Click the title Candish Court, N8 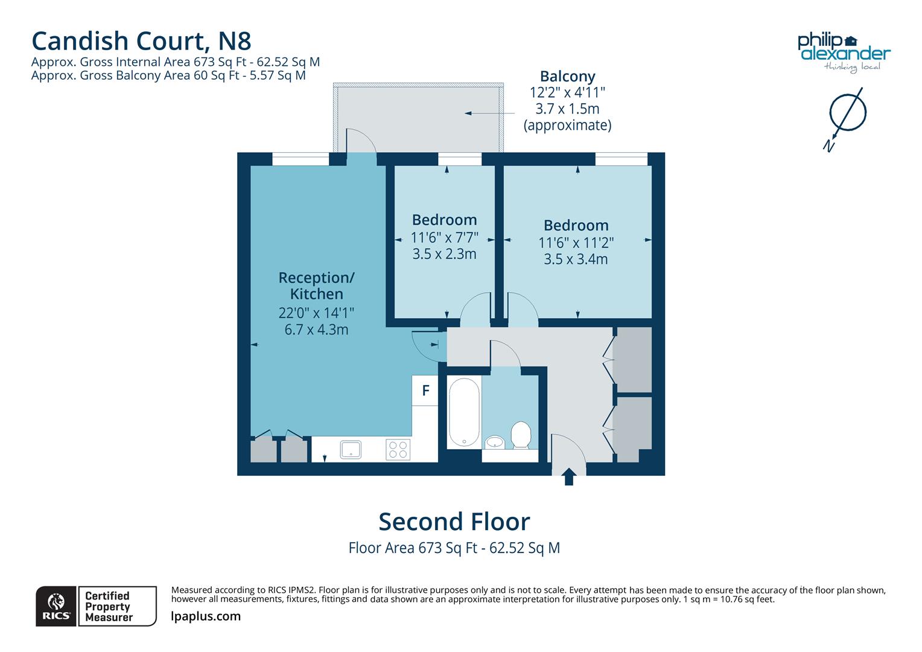pos(141,41)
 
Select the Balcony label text pos(567,77)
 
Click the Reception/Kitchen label pos(316,286)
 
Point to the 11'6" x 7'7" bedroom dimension pos(444,237)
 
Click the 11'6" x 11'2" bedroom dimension pos(576,243)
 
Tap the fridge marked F pos(425,391)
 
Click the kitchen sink pos(351,449)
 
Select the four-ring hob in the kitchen pos(398,449)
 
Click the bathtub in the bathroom pos(464,412)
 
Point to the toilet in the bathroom pos(520,435)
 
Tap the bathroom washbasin pos(495,442)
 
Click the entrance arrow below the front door pos(568,478)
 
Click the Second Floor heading pos(454,522)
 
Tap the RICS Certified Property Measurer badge pos(97,606)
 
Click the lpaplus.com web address pos(206,616)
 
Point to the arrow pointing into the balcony pos(489,113)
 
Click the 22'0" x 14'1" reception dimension pos(316,313)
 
